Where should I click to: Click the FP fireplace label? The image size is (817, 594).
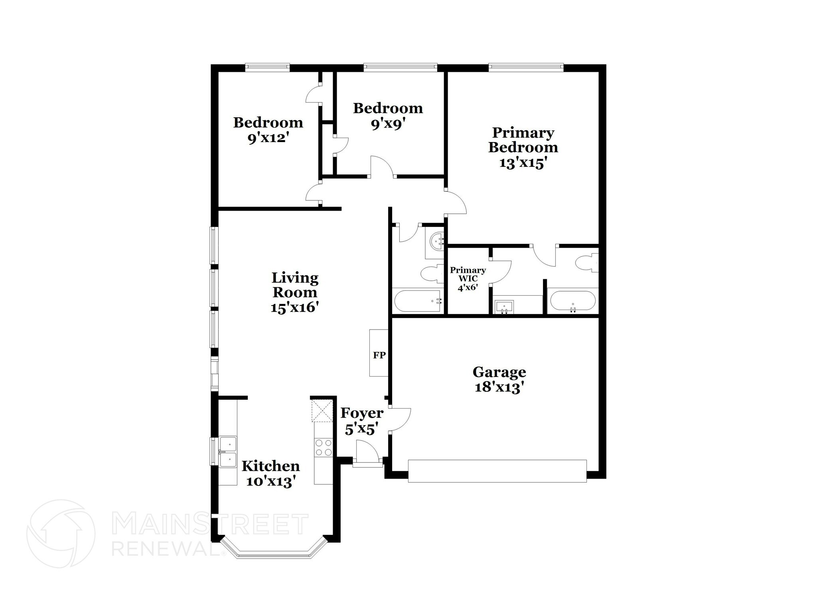tap(379, 355)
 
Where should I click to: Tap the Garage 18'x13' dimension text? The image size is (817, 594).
tap(499, 387)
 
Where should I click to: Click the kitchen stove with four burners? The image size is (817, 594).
tap(324, 447)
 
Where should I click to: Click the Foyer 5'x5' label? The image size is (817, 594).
tap(362, 421)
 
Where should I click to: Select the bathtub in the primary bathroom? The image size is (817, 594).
tap(573, 302)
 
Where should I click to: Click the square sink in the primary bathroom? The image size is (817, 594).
tap(504, 308)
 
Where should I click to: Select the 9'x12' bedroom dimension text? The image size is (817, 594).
tap(268, 138)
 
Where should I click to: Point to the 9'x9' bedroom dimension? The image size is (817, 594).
tap(388, 124)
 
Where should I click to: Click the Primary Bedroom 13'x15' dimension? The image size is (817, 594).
tap(523, 163)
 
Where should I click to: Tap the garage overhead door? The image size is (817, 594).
tap(497, 471)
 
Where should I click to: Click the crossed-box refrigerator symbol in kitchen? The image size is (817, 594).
tap(322, 410)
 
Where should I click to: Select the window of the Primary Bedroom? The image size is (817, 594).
tap(526, 68)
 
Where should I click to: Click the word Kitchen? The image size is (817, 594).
tap(271, 466)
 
